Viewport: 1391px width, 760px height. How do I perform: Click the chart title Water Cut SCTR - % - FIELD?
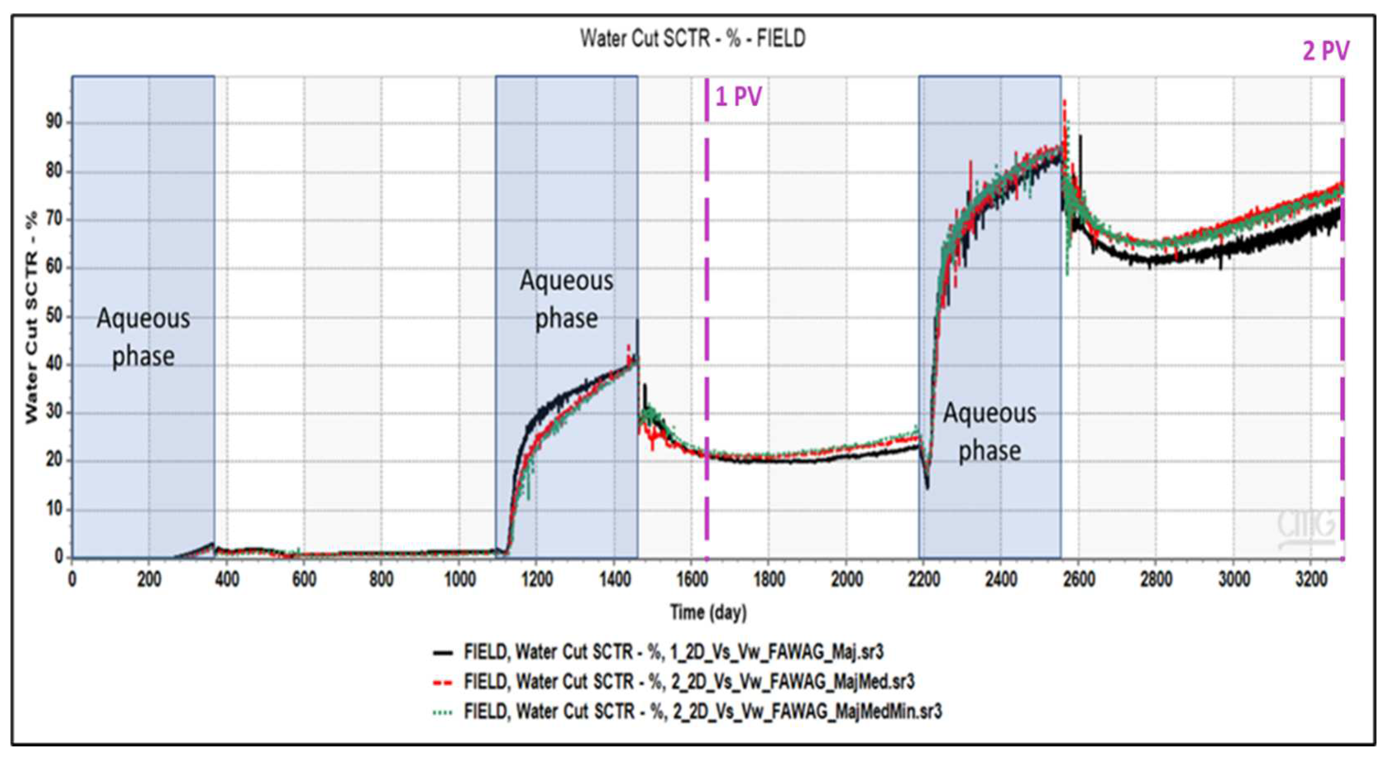(693, 39)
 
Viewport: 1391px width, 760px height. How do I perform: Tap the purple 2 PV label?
(1325, 51)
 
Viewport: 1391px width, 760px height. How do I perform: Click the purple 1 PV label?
(738, 97)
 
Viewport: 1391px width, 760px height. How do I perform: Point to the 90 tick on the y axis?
(54, 122)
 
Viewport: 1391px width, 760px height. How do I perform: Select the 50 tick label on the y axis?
(54, 316)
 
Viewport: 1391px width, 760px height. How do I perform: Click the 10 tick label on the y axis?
(54, 509)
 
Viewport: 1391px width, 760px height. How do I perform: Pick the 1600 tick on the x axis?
(692, 580)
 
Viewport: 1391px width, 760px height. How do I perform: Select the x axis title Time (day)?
(709, 612)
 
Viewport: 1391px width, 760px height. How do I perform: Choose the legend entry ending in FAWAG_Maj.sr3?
(673, 652)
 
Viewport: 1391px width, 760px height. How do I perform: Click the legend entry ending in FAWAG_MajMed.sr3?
(689, 682)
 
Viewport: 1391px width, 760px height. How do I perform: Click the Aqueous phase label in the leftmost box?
(143, 337)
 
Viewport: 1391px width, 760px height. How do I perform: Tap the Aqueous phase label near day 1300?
(566, 299)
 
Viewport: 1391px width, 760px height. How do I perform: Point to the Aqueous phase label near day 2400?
(989, 432)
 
